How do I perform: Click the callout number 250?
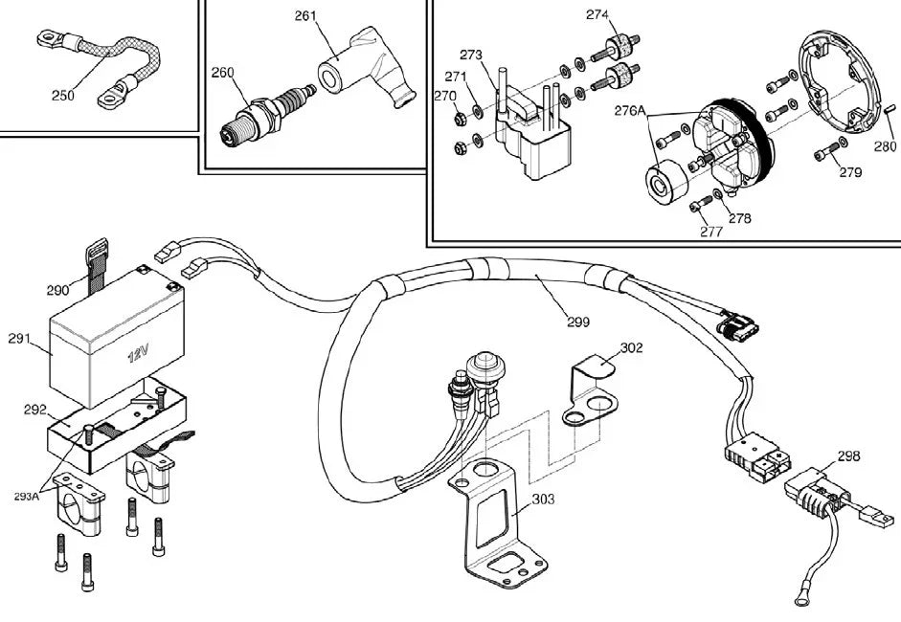62,95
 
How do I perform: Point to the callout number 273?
471,55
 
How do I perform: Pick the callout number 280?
885,147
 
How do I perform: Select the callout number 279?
849,173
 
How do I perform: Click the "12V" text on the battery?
139,355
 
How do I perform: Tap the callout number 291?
19,338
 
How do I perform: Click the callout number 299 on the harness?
577,322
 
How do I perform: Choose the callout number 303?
543,499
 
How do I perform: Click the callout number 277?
710,231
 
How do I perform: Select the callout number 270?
444,96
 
